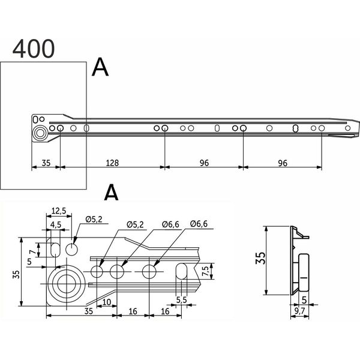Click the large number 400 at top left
point(34,49)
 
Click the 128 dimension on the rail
point(112,163)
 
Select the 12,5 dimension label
point(59,211)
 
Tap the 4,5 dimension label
point(56,225)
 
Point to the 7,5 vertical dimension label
point(205,271)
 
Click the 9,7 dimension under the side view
point(299,311)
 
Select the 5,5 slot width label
point(182,300)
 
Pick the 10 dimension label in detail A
point(107,302)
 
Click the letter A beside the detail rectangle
point(100,67)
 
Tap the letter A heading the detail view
point(112,193)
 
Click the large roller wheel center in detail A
point(67,284)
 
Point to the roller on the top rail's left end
point(40,133)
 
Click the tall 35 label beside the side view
point(260,258)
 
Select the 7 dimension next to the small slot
point(33,252)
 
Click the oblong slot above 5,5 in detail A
point(181,271)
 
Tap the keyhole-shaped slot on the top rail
point(296,128)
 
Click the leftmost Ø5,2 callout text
point(94,220)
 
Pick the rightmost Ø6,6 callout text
point(199,224)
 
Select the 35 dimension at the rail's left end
point(46,163)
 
